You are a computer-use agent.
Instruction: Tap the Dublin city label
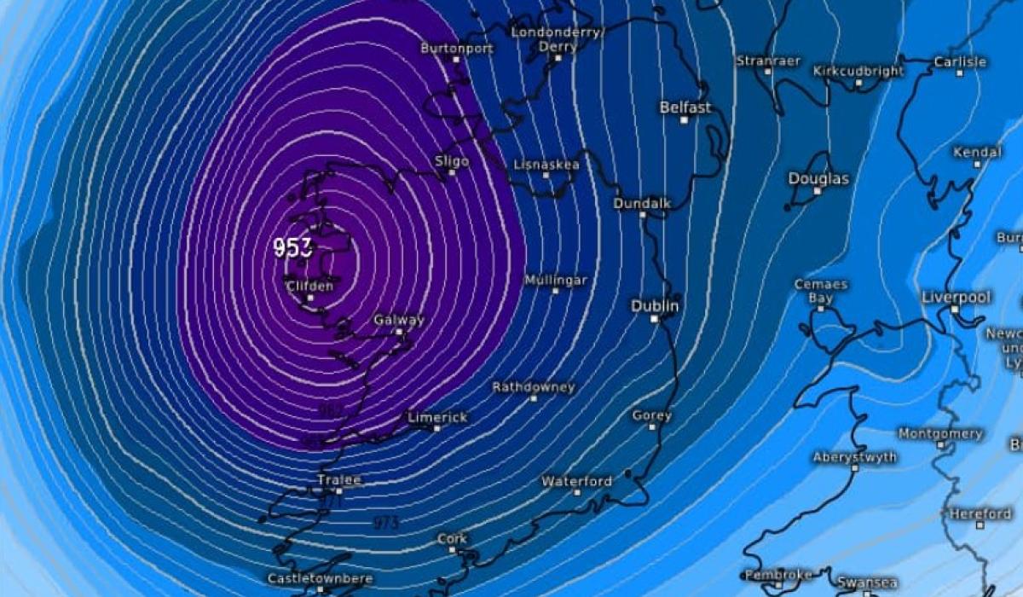tap(655, 305)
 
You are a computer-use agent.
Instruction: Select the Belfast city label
tap(685, 107)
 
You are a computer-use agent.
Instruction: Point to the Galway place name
tap(398, 320)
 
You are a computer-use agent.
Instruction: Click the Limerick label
tap(437, 417)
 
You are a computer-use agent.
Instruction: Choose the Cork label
tap(452, 539)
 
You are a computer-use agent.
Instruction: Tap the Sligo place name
tap(452, 160)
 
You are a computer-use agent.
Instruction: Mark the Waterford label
tap(576, 481)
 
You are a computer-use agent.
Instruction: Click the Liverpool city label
tap(956, 297)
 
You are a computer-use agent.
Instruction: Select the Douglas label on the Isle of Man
tap(818, 178)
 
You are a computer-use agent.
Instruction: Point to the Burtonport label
tap(457, 49)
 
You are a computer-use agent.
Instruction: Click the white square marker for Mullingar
tap(555, 291)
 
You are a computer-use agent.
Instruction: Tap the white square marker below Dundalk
tap(644, 215)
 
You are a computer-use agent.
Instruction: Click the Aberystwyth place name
tap(854, 457)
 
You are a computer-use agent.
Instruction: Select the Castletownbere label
tap(320, 578)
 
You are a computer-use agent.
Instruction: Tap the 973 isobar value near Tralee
tap(386, 522)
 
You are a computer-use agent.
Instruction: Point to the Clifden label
tap(309, 286)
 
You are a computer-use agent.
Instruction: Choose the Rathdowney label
tap(534, 387)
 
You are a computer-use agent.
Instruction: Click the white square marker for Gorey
tap(652, 427)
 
